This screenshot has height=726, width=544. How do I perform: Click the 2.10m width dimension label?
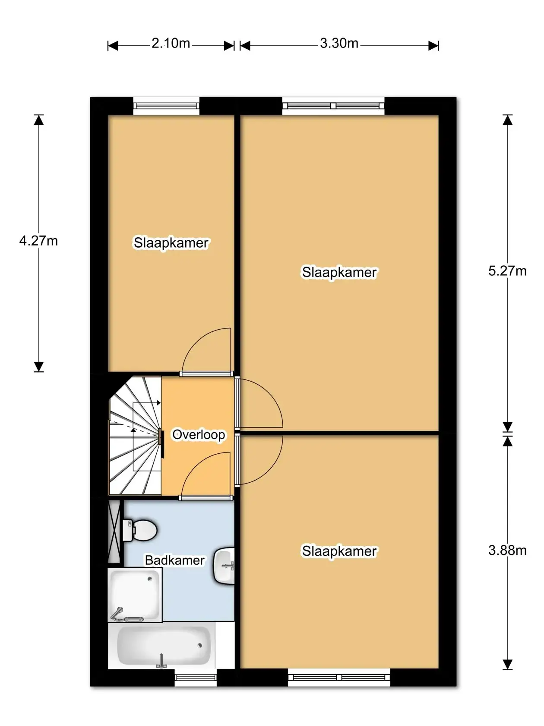(x=171, y=44)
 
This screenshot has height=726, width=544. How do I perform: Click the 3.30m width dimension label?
(x=339, y=44)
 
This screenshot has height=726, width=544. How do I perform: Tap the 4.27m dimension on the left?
(x=38, y=241)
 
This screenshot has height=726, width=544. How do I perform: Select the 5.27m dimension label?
(x=507, y=271)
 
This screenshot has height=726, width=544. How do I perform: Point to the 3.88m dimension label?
(x=507, y=550)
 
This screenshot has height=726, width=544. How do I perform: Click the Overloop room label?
(x=199, y=434)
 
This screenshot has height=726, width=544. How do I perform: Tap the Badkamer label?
(x=174, y=560)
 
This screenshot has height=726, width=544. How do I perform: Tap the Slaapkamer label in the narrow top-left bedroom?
(x=171, y=243)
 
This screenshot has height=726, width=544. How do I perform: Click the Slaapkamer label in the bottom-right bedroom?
(x=339, y=551)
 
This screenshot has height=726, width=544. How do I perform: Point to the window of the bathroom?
(x=195, y=677)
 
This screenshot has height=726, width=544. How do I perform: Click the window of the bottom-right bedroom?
(x=339, y=677)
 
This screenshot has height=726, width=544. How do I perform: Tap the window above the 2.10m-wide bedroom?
(x=166, y=106)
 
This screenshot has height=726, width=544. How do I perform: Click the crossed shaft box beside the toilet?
(x=114, y=531)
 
